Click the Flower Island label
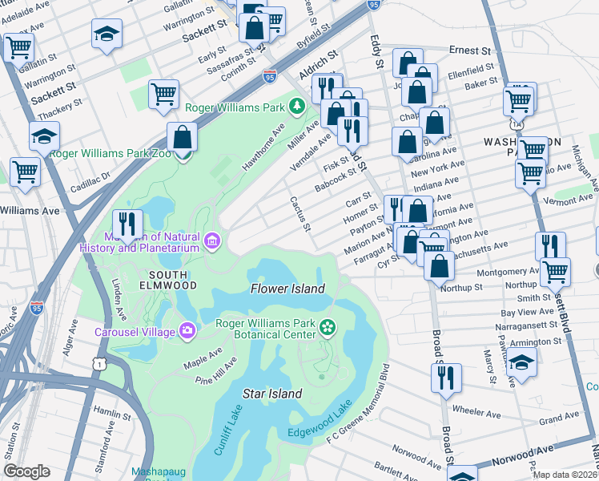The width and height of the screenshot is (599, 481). pos(287,289)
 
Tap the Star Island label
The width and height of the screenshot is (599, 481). pos(272,394)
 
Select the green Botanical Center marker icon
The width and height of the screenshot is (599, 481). pos(327,325)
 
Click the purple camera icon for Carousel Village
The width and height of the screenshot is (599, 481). pos(187,329)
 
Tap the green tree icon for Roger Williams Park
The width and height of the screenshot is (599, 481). pos(297,106)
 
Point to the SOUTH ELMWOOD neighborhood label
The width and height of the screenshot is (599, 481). pos(167,281)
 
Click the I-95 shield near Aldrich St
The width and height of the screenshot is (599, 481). pos(270,77)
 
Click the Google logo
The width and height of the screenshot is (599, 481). pos(26,471)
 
